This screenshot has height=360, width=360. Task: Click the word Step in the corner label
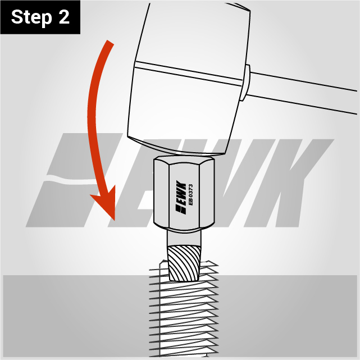(x=31, y=17)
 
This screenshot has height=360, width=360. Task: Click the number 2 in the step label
(x=64, y=16)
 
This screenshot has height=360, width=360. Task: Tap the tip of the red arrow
(x=114, y=220)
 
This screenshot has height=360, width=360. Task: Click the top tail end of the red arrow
(x=111, y=42)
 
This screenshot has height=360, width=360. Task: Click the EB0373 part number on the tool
(x=190, y=195)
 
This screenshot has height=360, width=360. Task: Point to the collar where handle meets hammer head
(x=245, y=83)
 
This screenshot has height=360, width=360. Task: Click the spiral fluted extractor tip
(x=184, y=263)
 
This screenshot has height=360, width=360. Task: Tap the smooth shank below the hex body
(x=184, y=238)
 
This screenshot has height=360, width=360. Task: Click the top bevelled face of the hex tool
(x=184, y=160)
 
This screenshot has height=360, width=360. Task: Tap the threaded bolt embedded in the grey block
(x=184, y=310)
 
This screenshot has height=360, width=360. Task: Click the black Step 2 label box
(x=40, y=17)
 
